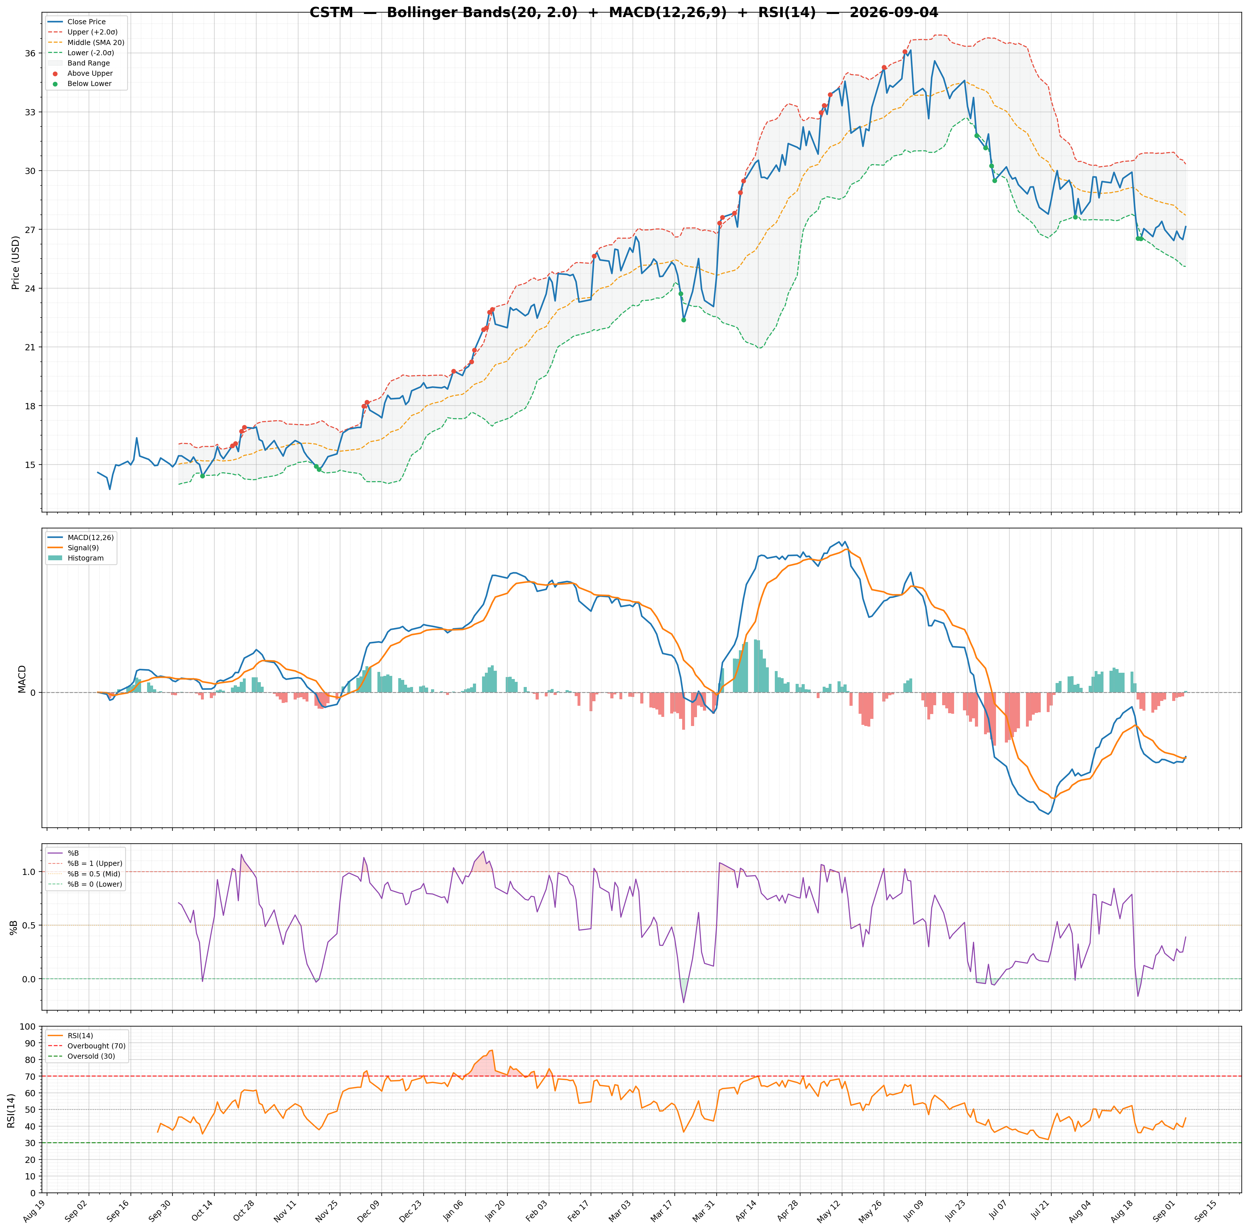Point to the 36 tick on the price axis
[x=31, y=54]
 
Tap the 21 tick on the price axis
[x=31, y=347]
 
